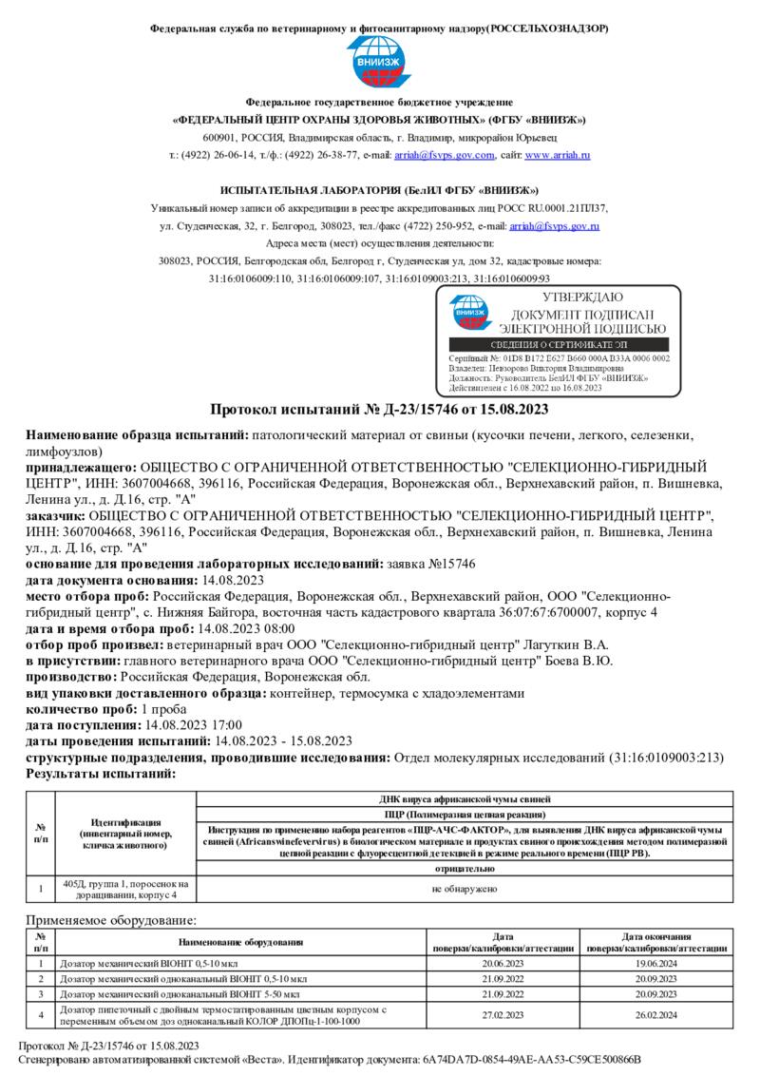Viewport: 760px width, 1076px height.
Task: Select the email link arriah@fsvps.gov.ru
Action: [x=554, y=226]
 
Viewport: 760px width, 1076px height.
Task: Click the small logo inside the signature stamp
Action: [x=470, y=314]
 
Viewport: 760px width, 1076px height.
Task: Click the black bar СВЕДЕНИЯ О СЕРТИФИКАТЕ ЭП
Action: [x=559, y=344]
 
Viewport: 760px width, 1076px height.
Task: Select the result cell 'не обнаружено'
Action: [x=465, y=889]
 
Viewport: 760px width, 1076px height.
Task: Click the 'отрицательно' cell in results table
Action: [x=465, y=868]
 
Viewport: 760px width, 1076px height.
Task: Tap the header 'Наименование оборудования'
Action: [x=240, y=942]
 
